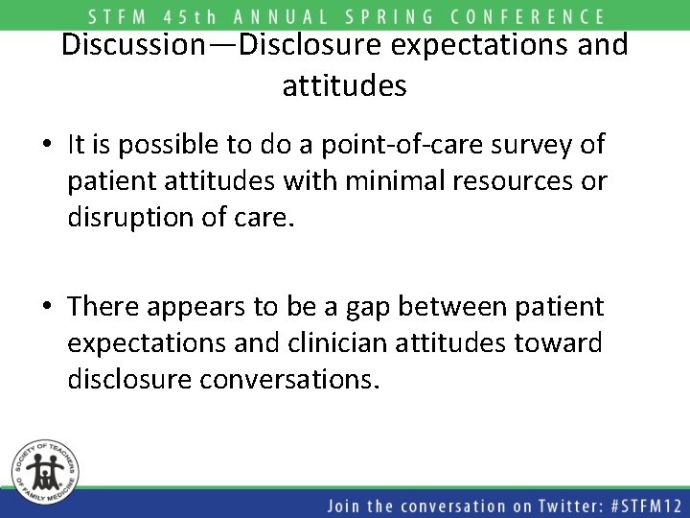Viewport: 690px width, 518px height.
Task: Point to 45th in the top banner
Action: click(x=201, y=16)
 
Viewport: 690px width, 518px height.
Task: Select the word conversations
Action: click(x=289, y=379)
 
